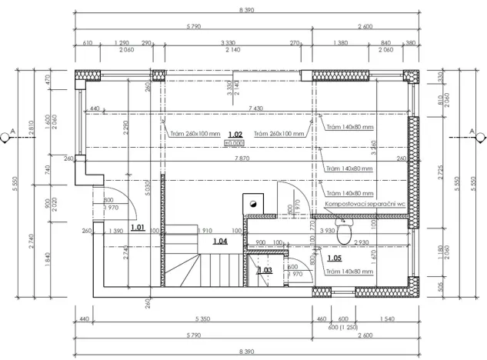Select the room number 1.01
click(x=138, y=228)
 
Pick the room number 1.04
click(x=220, y=242)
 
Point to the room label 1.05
click(x=335, y=258)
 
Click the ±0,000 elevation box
click(x=234, y=143)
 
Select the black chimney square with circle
click(x=252, y=202)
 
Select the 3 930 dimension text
click(x=328, y=231)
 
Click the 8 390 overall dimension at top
click(x=243, y=8)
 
